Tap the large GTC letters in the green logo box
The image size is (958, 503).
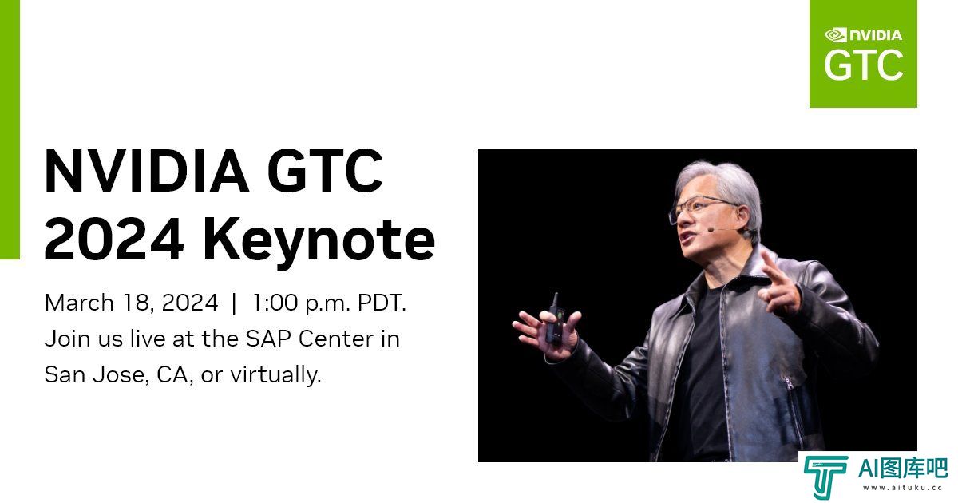pyautogui.click(x=864, y=65)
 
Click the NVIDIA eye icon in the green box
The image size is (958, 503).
pyautogui.click(x=835, y=34)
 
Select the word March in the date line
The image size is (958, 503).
pyautogui.click(x=79, y=303)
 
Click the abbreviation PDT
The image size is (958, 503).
pyautogui.click(x=382, y=303)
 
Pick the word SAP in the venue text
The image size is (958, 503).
pyautogui.click(x=267, y=339)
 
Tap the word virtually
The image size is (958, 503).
pyautogui.click(x=275, y=375)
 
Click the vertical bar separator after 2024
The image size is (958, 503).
pyautogui.click(x=234, y=303)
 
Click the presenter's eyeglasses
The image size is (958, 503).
pyautogui.click(x=702, y=208)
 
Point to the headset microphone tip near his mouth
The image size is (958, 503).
pyautogui.click(x=711, y=230)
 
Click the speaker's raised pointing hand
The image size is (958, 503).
pyautogui.click(x=779, y=283)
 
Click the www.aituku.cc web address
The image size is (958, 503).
pyautogui.click(x=902, y=488)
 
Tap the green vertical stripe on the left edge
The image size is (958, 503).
pyautogui.click(x=10, y=129)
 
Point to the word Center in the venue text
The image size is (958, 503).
pyautogui.click(x=336, y=339)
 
